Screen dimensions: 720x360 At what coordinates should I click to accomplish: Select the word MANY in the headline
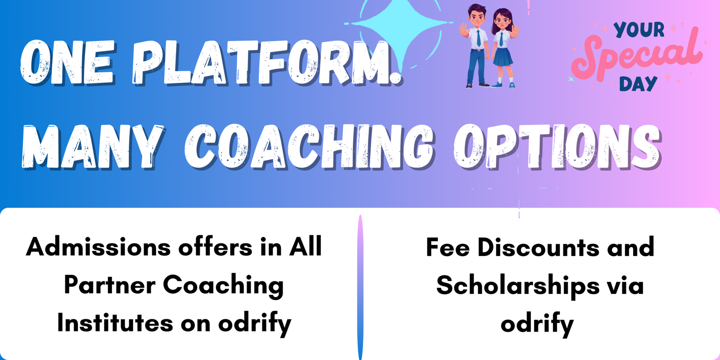(93, 147)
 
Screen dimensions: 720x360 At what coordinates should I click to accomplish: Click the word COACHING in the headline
(309, 147)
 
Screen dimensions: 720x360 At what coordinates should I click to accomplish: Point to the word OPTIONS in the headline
(558, 147)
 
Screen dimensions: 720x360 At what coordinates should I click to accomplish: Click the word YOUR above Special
(639, 30)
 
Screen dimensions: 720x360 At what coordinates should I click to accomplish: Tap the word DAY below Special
(638, 84)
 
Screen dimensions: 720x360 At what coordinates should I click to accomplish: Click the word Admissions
(99, 247)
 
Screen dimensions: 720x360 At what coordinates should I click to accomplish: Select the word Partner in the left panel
(110, 285)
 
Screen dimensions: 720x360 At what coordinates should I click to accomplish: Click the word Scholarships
(518, 286)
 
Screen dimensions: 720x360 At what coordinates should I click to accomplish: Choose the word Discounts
(538, 247)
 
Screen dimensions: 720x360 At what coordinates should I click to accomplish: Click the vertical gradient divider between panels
(360, 287)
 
